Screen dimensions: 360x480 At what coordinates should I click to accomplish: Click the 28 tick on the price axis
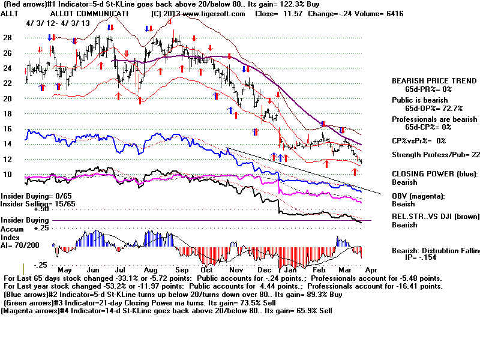(x=8, y=37)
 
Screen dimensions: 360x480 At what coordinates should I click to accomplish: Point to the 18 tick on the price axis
(x=8, y=113)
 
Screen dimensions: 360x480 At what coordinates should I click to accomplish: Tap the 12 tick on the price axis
(x=8, y=159)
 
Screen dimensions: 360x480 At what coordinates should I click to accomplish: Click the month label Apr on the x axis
(x=371, y=270)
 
